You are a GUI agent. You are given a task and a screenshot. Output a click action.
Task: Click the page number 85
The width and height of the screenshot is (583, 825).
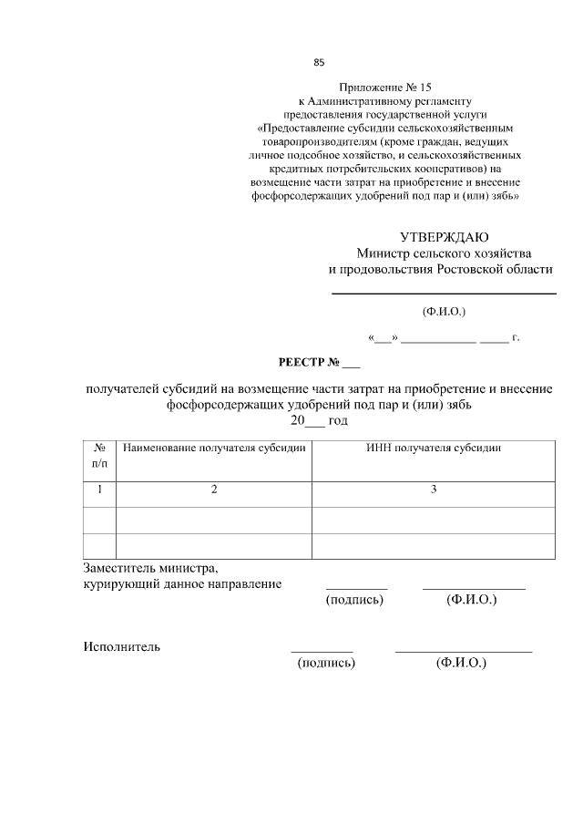coord(319,63)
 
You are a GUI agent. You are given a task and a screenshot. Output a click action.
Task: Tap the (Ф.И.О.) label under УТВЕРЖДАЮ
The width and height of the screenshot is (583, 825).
coord(444,312)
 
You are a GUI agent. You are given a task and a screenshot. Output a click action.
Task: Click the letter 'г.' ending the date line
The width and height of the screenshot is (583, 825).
coord(516,338)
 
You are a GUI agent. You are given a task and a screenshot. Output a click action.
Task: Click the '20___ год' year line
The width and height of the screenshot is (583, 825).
coord(319,421)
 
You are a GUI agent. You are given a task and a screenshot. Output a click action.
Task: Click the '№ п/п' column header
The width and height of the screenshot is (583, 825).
coord(99,456)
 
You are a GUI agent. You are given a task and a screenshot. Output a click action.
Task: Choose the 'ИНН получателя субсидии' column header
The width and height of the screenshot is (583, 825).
coord(434,449)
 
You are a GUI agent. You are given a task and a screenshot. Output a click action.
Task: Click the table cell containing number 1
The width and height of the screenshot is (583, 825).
coord(99,490)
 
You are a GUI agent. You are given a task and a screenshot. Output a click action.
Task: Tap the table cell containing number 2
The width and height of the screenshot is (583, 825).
coord(214,490)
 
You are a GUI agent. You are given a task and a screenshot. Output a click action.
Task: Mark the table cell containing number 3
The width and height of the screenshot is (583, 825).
coord(434,490)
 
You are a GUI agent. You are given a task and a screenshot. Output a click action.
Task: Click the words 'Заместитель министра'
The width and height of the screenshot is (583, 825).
coord(149,567)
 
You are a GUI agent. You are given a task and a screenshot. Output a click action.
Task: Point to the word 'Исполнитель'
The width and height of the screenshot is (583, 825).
coord(122,647)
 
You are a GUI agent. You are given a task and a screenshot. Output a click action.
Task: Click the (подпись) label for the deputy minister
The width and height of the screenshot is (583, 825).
coord(354,600)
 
